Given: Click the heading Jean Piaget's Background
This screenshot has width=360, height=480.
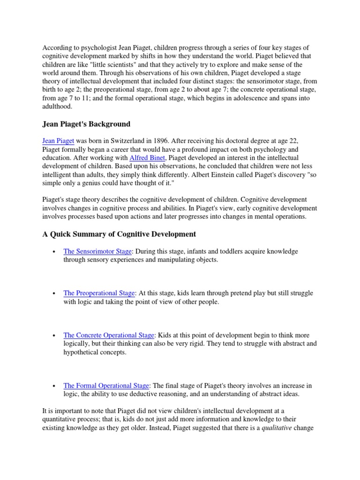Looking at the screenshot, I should pos(86,124).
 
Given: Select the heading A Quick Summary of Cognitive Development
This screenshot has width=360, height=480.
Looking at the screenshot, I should pos(119,234).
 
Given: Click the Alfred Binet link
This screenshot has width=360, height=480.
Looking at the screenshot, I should pos(147,158).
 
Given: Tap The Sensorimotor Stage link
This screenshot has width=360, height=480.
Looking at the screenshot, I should pos(97,251).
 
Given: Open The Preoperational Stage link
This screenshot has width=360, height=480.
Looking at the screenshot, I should pos(99,293).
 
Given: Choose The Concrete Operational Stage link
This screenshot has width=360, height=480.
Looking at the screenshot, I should pos(109,335).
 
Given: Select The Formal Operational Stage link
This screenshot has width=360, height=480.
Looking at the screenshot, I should pos(106,385).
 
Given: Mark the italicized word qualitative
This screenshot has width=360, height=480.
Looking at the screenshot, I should pos(278,427).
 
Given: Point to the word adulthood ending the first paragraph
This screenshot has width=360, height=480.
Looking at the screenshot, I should pos(57,106).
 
